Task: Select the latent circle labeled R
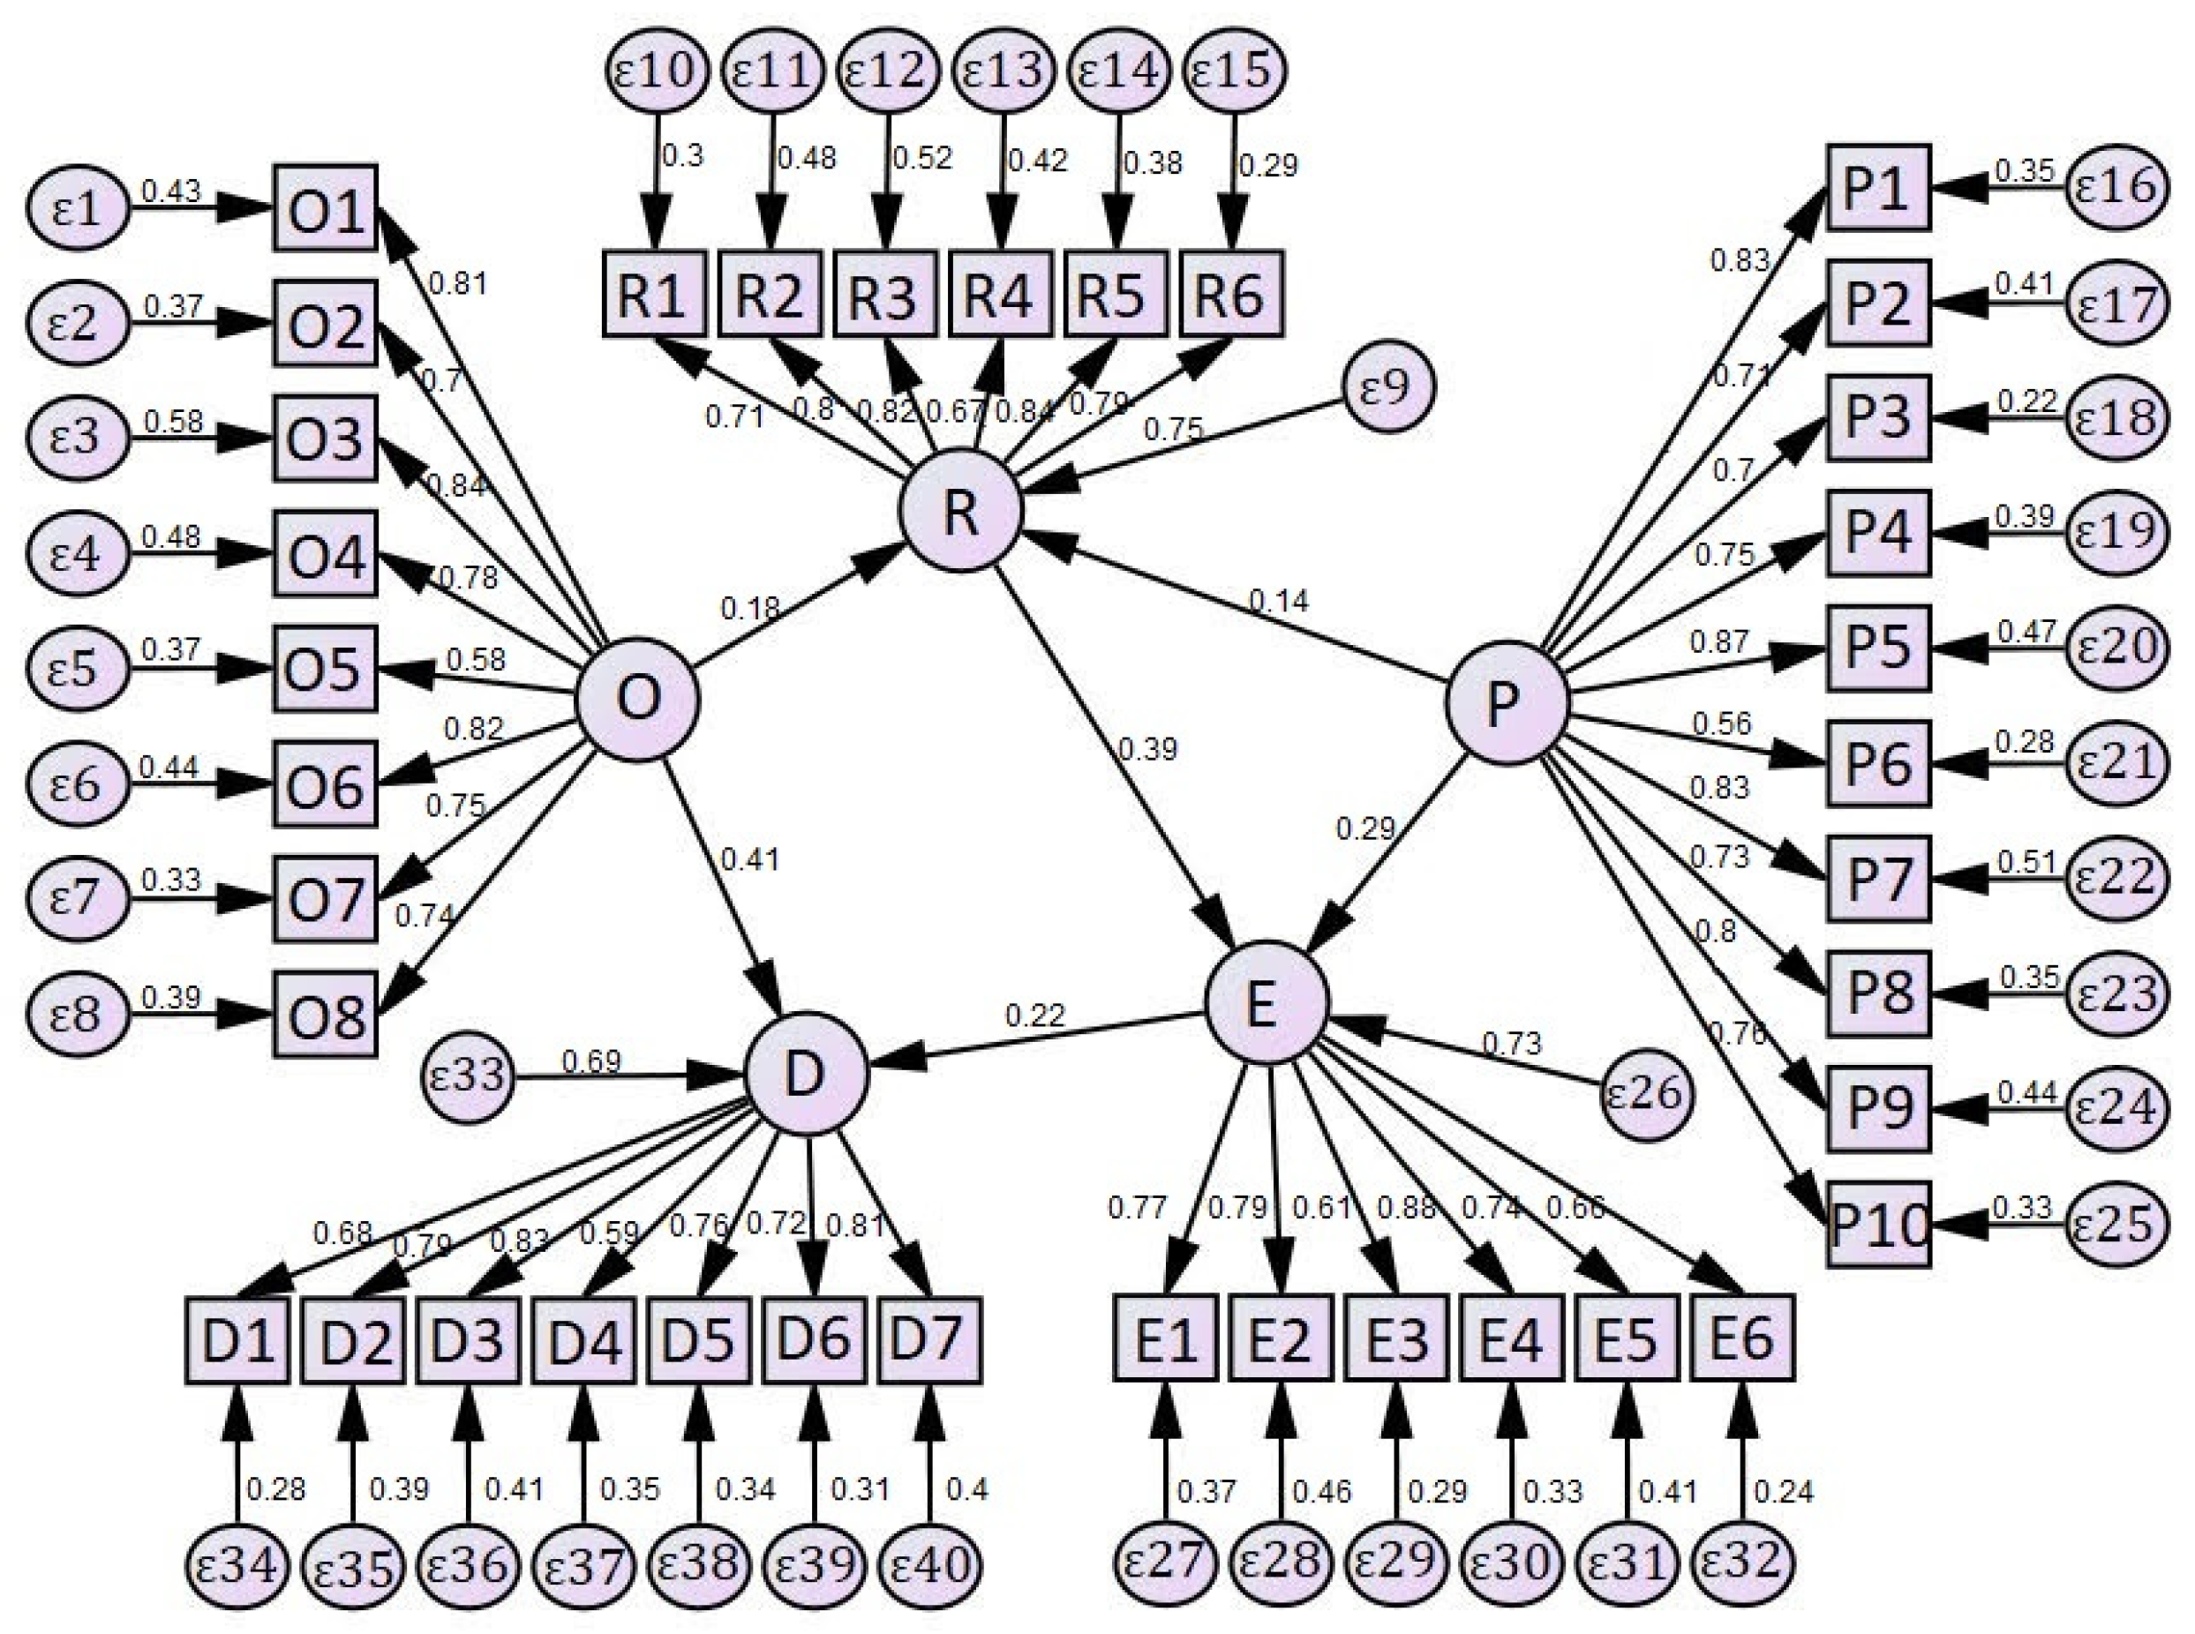(959, 510)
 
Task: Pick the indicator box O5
(326, 668)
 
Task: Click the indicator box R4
(1000, 293)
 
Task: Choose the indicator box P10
(1877, 1224)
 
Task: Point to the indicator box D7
(928, 1339)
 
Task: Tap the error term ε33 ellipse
(468, 1076)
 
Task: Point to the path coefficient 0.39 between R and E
(1147, 750)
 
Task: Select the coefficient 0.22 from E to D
(1034, 1015)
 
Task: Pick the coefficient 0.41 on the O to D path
(750, 859)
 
